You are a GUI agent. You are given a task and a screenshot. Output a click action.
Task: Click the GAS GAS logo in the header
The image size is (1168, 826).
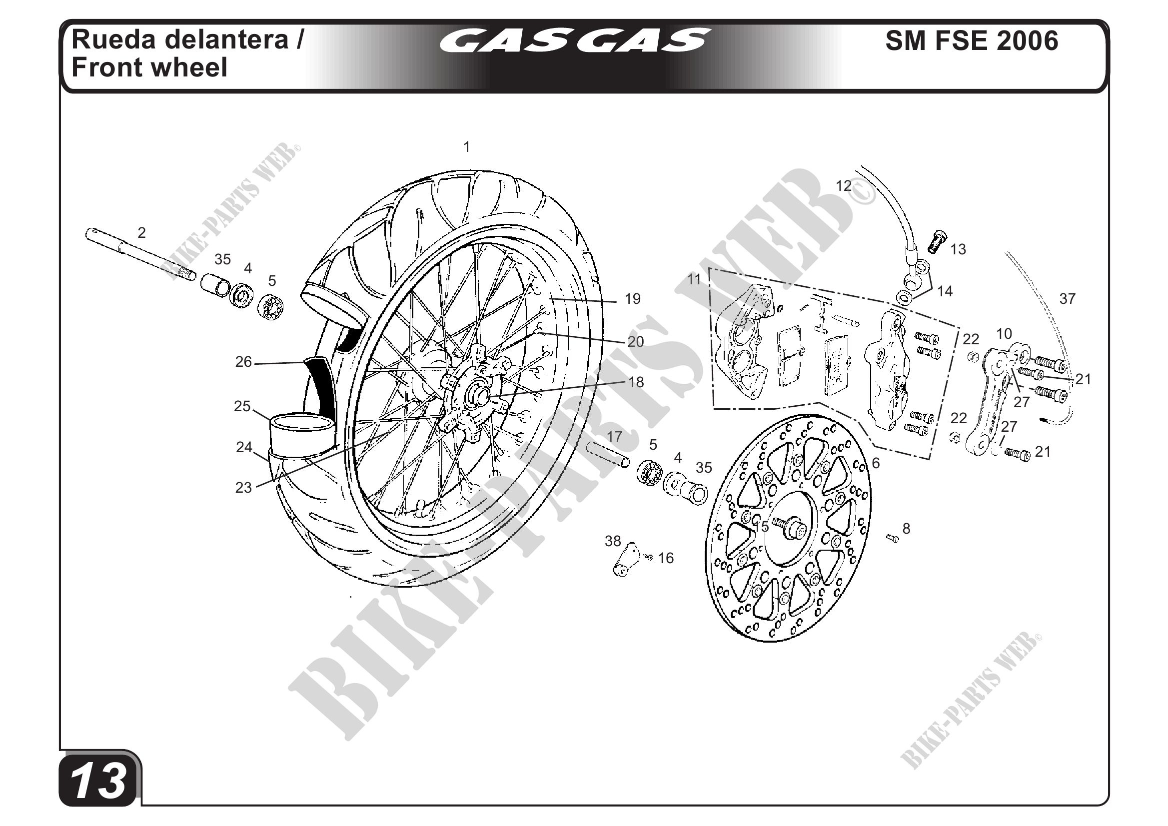(x=575, y=40)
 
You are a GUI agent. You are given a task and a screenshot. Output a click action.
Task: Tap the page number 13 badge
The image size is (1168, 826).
(x=98, y=781)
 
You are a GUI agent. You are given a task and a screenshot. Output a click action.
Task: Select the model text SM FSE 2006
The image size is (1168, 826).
(x=972, y=40)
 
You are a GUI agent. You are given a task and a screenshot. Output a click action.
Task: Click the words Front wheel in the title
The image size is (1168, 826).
(x=149, y=67)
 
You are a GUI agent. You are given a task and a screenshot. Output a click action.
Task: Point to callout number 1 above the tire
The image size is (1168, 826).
(x=466, y=147)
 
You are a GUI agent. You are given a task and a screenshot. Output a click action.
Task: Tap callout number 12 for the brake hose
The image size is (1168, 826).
(x=844, y=186)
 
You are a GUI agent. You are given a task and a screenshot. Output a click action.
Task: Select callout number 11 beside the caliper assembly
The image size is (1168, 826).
(x=694, y=279)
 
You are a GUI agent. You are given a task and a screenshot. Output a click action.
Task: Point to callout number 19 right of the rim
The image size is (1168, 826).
(x=632, y=299)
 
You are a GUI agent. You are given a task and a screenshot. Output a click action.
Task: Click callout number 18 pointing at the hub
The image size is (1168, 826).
(x=636, y=382)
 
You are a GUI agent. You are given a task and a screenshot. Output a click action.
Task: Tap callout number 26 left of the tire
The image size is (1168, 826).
(x=244, y=362)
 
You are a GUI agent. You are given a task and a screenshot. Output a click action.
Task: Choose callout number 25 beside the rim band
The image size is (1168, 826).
(x=242, y=406)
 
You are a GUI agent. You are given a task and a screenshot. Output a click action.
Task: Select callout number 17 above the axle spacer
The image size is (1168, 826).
(x=615, y=436)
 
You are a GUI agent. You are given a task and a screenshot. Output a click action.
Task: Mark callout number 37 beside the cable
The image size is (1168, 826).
(x=1067, y=298)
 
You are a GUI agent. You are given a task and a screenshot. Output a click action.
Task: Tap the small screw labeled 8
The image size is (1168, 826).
(x=893, y=538)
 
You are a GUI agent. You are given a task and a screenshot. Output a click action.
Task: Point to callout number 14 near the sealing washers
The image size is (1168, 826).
(x=945, y=291)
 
